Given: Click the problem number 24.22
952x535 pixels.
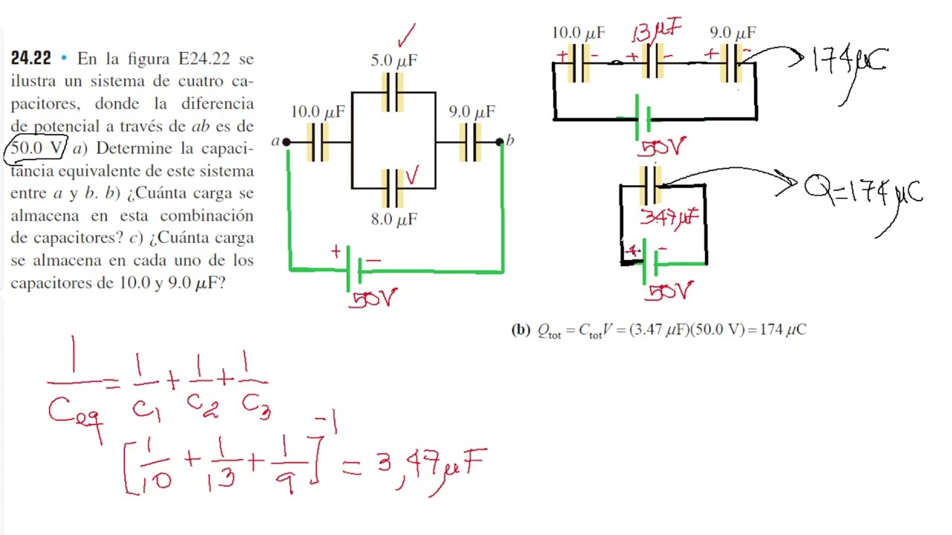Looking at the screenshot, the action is tap(30, 58).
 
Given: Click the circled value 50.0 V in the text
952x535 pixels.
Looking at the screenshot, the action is tap(36, 148).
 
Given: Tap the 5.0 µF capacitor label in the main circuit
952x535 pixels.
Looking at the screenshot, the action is tap(394, 60).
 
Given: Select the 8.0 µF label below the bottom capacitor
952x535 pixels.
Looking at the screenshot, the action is tap(394, 219).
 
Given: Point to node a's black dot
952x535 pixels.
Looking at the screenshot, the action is tap(286, 142).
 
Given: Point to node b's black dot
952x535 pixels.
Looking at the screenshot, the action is tap(499, 142).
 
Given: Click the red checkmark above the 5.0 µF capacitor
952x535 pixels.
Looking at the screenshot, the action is tap(407, 35).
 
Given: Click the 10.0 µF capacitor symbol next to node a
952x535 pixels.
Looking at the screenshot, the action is tap(318, 142).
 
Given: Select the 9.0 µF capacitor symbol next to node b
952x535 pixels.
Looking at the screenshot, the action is tap(471, 142).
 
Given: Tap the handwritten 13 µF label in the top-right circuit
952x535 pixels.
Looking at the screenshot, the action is tap(657, 30).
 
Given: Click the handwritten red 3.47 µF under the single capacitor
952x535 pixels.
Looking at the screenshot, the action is tap(669, 218).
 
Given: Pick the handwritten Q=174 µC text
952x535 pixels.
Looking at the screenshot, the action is tap(863, 191).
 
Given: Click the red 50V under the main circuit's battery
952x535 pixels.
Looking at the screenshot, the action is tap(373, 299).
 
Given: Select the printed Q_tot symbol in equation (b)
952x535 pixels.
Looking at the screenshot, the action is tap(549, 331).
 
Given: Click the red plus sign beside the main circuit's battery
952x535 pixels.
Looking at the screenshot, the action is tap(336, 251).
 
